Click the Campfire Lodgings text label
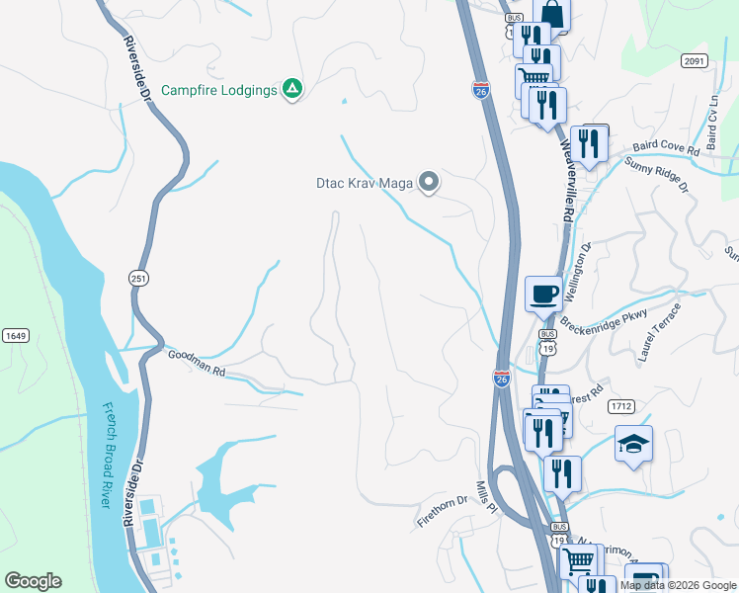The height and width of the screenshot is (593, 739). point(218,90)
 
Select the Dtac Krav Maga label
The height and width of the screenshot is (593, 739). point(363,182)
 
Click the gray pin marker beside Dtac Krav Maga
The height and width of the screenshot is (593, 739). point(428,182)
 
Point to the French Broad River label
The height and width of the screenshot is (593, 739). point(106,455)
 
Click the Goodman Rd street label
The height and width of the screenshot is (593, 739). point(197,364)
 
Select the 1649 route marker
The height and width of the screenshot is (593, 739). point(14,336)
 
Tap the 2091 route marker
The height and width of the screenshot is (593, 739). point(695,61)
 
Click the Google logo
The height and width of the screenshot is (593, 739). point(33,581)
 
